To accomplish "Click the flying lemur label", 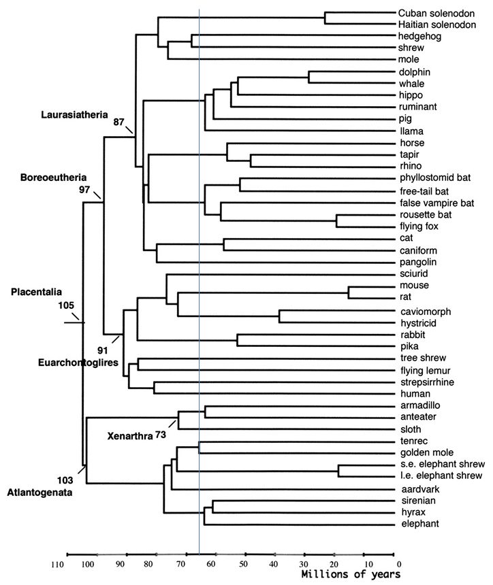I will click(x=421, y=371).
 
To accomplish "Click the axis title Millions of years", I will click(x=351, y=575).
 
